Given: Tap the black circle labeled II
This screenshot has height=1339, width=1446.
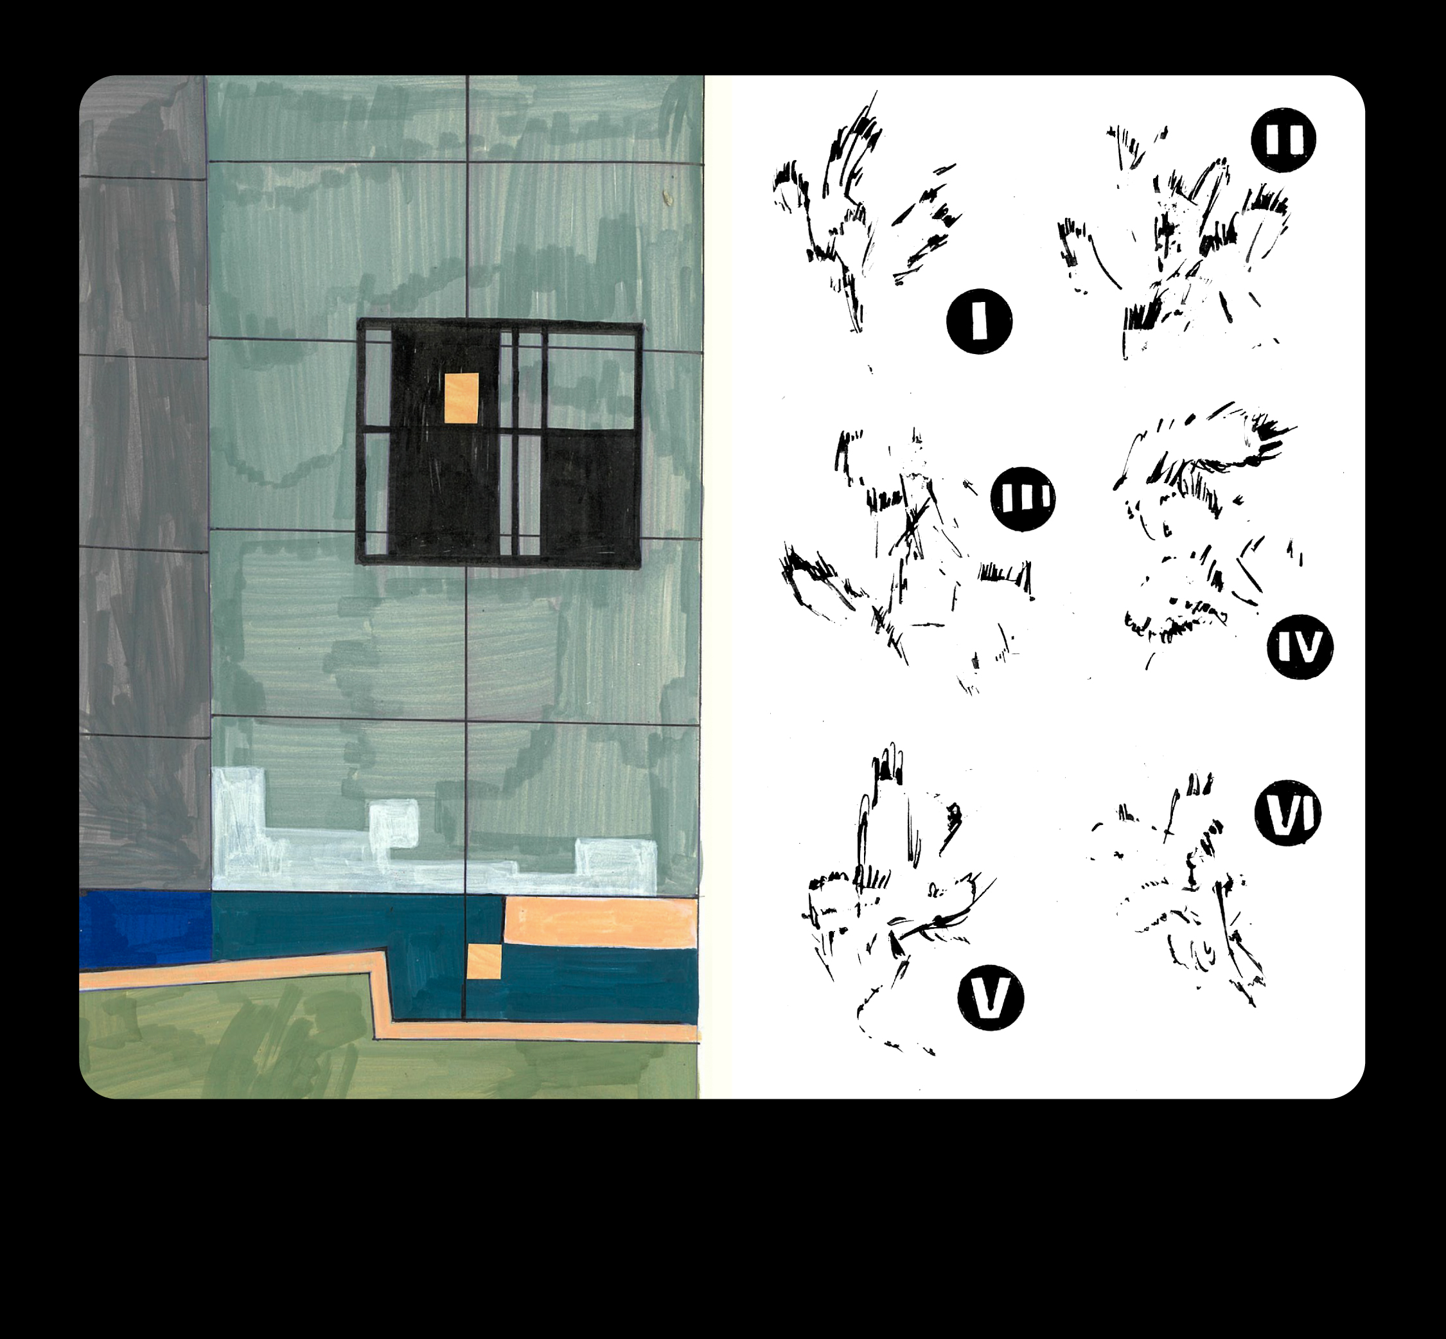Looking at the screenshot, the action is pyautogui.click(x=1283, y=140).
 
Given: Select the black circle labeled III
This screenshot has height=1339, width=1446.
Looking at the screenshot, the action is pyautogui.click(x=1023, y=499).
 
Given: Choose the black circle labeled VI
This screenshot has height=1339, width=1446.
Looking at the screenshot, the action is pyautogui.click(x=1287, y=813).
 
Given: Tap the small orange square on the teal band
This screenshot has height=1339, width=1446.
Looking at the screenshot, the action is pyautogui.click(x=484, y=961).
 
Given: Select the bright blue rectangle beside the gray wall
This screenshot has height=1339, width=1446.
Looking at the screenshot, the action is pyautogui.click(x=146, y=931).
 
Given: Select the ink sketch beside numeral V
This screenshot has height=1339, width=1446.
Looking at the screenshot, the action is pyautogui.click(x=898, y=898).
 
